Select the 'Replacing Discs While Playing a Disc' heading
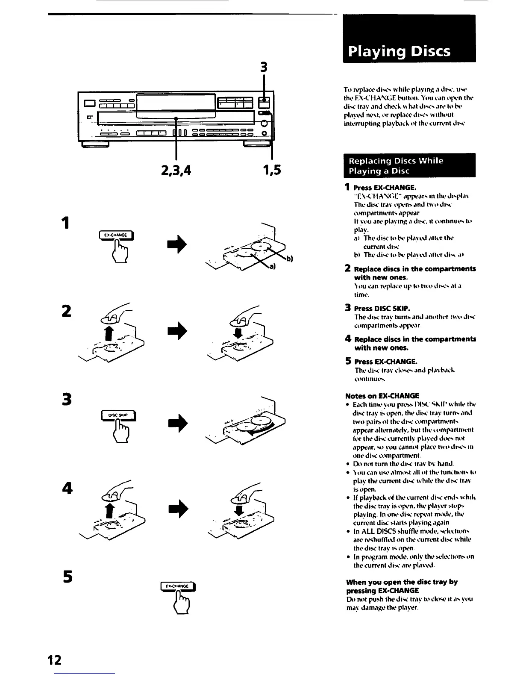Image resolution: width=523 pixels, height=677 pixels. point(409,166)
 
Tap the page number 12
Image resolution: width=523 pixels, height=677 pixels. point(55,660)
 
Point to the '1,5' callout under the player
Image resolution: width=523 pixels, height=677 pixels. point(271,171)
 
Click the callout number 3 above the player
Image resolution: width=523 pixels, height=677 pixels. point(264,68)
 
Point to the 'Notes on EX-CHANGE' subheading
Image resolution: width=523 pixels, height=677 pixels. point(382,396)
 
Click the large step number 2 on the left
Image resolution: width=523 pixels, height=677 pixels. point(66,311)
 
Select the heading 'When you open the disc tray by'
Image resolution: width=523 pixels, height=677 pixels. point(402,582)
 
